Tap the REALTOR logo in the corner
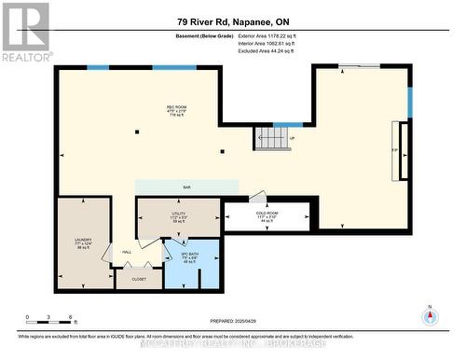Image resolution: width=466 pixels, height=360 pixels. point(25,32)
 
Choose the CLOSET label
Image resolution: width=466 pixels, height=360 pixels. point(139,278)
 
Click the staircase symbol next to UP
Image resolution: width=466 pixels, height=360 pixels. point(272,139)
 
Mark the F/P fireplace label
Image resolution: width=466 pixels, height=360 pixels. point(395,149)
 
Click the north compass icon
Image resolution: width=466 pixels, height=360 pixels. point(429,317)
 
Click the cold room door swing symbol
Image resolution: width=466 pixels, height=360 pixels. point(258,199)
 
